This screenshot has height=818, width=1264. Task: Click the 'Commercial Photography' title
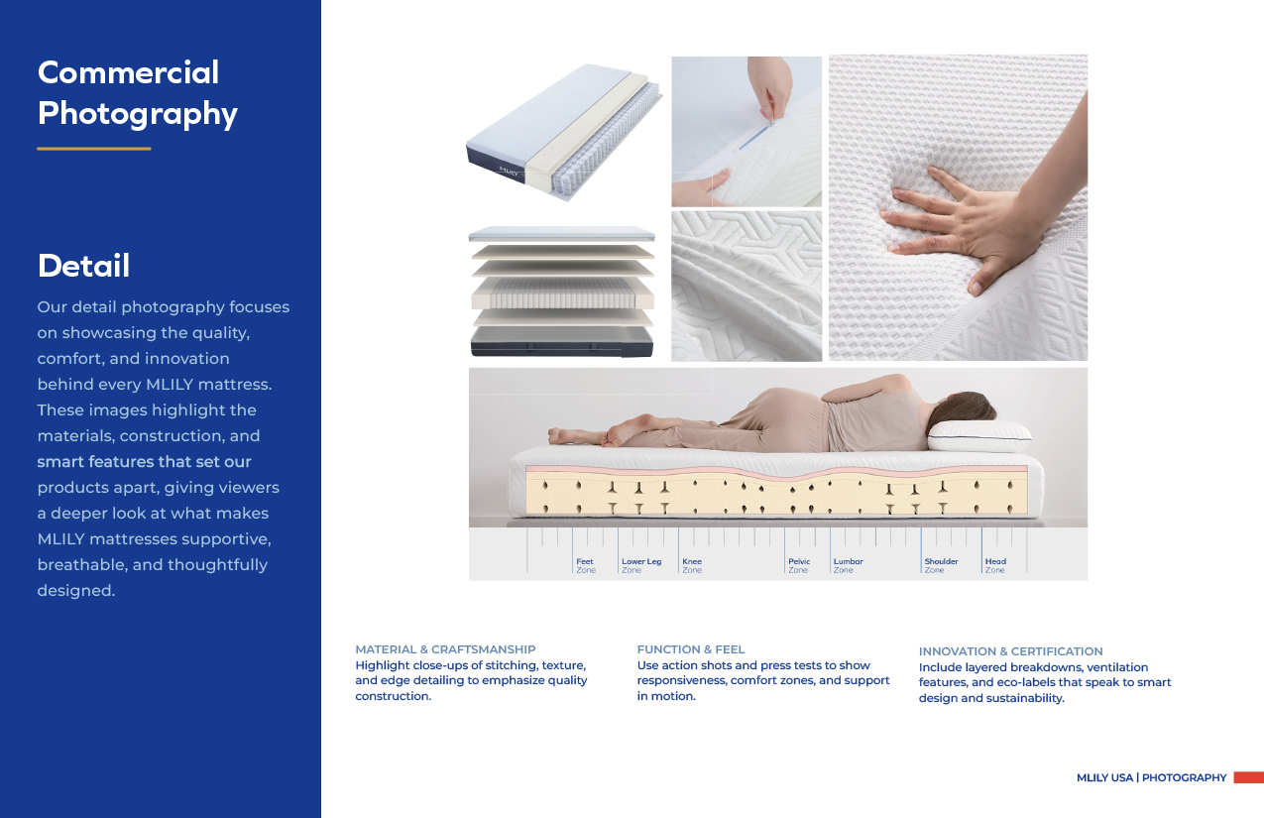137,92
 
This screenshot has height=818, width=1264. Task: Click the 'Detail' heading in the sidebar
83,266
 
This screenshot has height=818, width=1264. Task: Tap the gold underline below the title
93,149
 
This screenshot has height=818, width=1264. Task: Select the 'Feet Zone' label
586,565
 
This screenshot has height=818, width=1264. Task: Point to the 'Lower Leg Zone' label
641,565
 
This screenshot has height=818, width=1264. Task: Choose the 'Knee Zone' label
692,565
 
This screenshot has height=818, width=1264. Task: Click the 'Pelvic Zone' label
799,565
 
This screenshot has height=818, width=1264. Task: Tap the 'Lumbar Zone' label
849,565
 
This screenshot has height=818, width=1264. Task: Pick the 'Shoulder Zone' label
941,565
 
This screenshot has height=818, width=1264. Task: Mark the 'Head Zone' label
995,565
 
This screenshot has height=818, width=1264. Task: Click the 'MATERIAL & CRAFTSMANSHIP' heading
445,649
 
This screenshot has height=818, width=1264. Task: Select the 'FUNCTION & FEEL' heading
691,649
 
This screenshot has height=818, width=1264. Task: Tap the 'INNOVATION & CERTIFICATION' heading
1010,650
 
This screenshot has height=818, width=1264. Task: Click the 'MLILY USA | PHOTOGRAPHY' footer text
1151,777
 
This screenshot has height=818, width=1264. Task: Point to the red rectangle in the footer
1249,777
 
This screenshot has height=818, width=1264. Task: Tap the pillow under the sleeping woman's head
979,436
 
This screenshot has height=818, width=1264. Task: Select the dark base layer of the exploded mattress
562,342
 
